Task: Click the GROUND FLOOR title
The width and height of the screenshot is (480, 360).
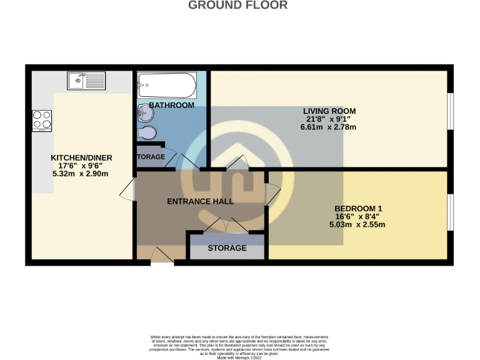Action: (x=238, y=6)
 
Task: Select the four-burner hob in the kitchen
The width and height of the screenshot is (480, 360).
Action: (x=41, y=120)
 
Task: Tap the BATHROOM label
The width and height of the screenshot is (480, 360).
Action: (x=171, y=105)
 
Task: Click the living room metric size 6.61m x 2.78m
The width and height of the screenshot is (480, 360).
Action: (x=327, y=127)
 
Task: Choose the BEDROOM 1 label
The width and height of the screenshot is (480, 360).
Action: (x=358, y=208)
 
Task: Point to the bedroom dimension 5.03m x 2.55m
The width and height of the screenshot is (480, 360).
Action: (x=358, y=224)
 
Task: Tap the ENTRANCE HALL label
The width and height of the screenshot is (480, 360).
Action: (x=200, y=201)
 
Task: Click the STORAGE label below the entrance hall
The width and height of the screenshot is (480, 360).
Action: (x=226, y=248)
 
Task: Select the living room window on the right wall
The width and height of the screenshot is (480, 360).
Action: (x=450, y=112)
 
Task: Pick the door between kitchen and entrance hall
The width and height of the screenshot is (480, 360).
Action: (x=129, y=190)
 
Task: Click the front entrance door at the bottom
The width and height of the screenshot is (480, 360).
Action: (x=161, y=256)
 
